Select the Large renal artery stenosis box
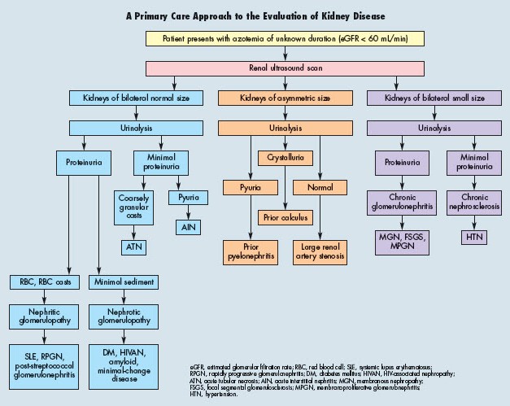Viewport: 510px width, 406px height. pos(320,251)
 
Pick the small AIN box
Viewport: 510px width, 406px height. pos(189,225)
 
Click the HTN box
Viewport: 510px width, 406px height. pos(473,237)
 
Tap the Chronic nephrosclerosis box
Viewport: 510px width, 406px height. pos(473,201)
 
